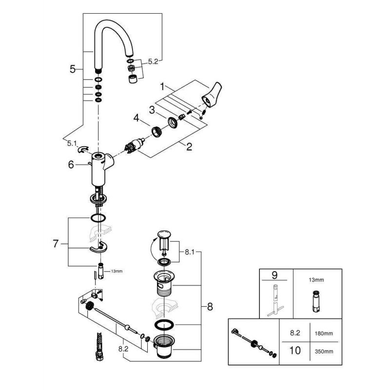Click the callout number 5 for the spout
[73, 69]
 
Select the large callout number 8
[209, 307]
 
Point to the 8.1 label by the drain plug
[191, 253]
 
